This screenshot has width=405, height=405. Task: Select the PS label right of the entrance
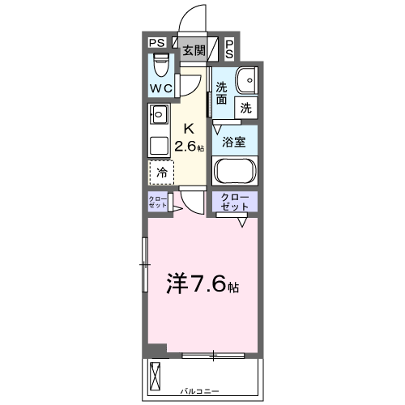pos(229,49)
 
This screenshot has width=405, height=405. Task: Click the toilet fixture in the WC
pos(160,62)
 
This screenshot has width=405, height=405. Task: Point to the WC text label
pos(160,87)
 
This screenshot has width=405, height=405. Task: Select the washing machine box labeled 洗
pos(245,105)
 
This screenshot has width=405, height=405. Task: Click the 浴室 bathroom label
pos(235,141)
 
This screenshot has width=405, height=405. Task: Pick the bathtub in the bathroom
pos(235,173)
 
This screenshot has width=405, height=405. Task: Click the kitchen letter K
pos(189,129)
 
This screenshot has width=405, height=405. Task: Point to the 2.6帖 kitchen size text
pos(190,147)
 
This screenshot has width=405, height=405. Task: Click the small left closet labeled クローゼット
pos(157,202)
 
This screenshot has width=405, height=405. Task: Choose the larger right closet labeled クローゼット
pos(235,202)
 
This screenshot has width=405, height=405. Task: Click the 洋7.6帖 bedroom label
pos(202,284)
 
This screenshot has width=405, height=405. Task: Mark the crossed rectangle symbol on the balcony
pos(157,375)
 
